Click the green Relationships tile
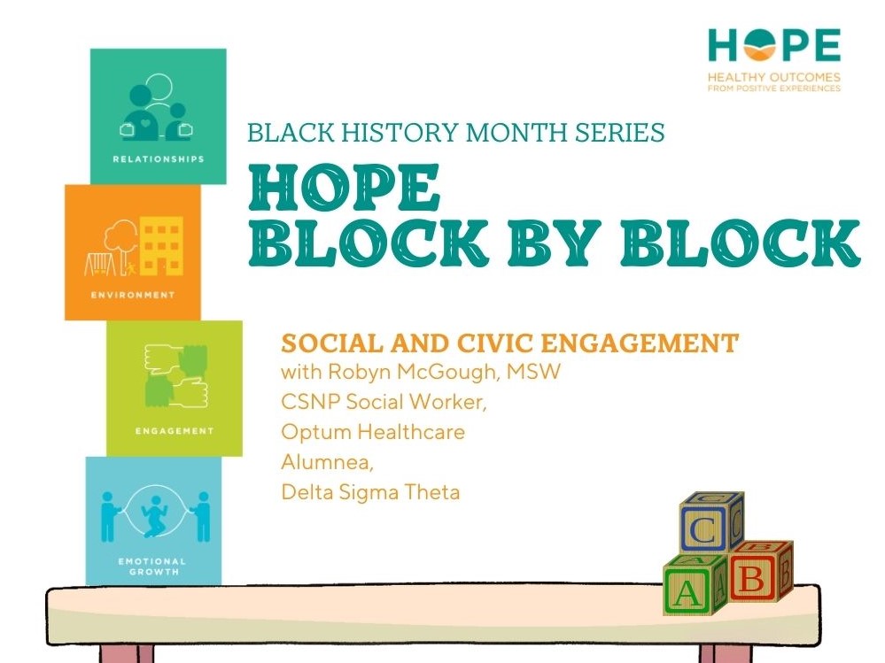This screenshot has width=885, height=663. pyautogui.click(x=158, y=115)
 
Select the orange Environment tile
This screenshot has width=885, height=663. pyautogui.click(x=132, y=251)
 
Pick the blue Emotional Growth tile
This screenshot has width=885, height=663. pyautogui.click(x=153, y=520)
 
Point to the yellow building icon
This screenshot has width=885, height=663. pyautogui.click(x=160, y=245)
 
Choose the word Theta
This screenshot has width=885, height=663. pyautogui.click(x=433, y=492)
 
